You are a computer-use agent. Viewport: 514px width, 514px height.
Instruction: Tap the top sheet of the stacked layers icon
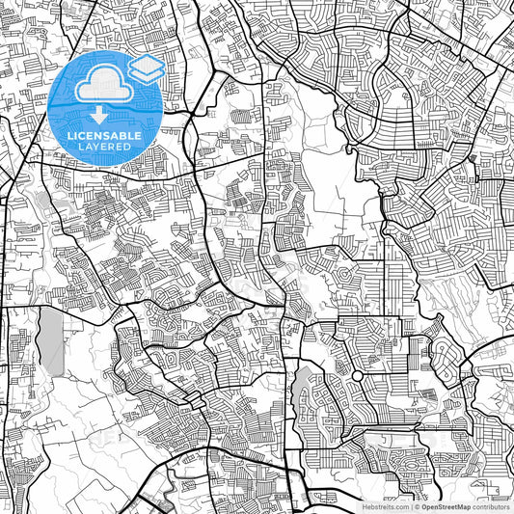147,64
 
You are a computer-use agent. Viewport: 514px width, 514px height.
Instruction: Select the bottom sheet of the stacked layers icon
147,75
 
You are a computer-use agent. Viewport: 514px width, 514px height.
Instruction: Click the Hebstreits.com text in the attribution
385,505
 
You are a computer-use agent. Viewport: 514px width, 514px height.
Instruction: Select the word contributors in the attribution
491,505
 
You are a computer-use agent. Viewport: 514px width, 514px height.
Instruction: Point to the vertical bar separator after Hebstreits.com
410,505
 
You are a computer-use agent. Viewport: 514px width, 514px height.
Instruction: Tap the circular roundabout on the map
357,375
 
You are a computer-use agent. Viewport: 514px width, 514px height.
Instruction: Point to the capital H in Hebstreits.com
365,505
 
